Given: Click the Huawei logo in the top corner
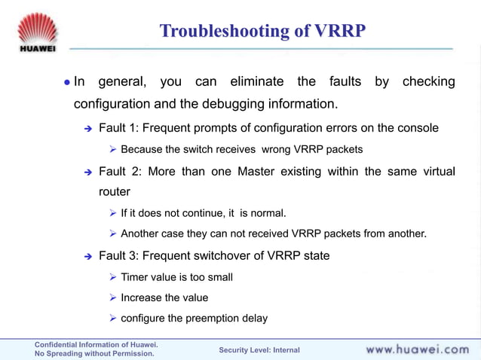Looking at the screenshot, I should (35, 32).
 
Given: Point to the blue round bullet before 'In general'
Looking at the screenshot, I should (66, 82).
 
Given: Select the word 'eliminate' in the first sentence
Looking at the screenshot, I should (257, 81).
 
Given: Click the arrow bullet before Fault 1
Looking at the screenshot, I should (87, 128).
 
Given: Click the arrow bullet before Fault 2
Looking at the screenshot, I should (87, 172).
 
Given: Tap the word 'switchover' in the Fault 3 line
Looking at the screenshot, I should (225, 255).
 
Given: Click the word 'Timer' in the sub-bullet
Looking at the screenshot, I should (136, 277).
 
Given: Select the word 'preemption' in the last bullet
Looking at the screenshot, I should (204, 318).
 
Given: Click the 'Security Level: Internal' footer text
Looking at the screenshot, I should (259, 350).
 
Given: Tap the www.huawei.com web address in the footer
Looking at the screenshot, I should (417, 349).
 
